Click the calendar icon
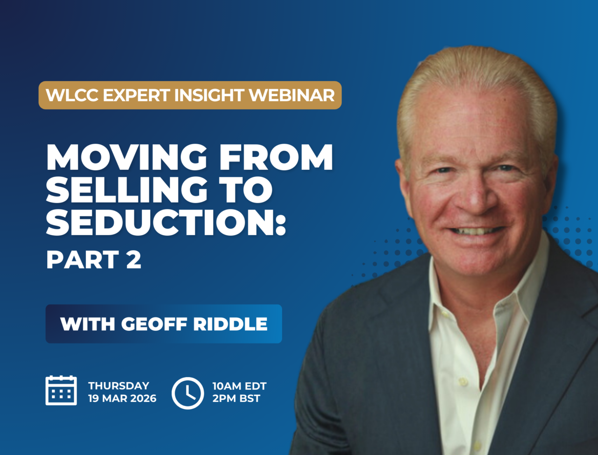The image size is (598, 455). [61, 390]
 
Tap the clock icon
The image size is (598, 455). [188, 393]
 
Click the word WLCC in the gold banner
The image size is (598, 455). [72, 95]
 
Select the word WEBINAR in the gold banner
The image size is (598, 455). [292, 95]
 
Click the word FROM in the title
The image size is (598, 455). [276, 157]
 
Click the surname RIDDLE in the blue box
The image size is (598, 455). [230, 324]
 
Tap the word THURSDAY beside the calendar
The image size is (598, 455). [119, 386]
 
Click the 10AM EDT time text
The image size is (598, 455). [240, 386]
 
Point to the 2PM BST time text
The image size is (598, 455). [236, 399]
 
